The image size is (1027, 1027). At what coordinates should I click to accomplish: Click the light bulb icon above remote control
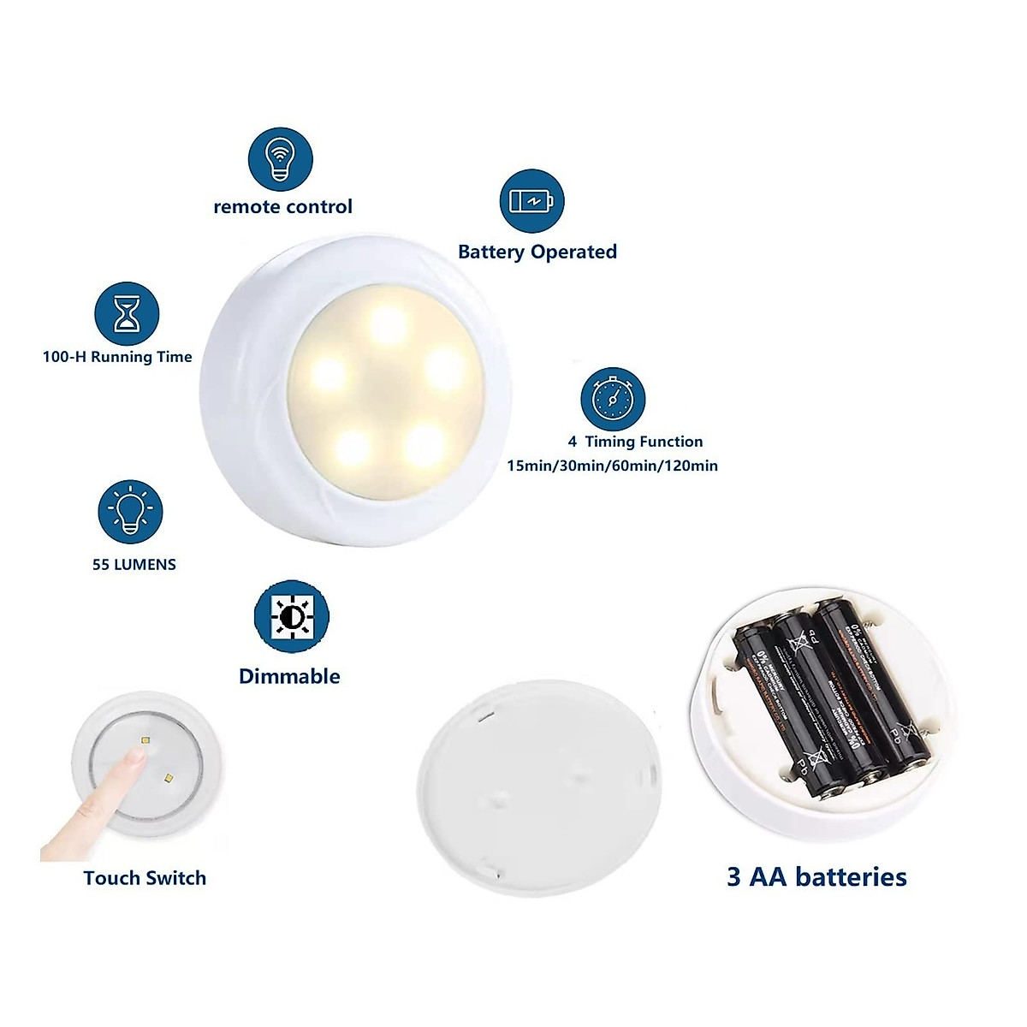pyautogui.click(x=280, y=160)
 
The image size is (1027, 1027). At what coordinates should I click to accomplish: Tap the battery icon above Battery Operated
pyautogui.click(x=531, y=201)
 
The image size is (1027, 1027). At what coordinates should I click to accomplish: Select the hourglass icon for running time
pyautogui.click(x=127, y=314)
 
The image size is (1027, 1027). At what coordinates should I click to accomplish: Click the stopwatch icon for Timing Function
pyautogui.click(x=612, y=399)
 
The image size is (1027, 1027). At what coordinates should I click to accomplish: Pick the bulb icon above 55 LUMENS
pyautogui.click(x=130, y=512)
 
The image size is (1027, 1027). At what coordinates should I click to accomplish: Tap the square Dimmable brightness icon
pyautogui.click(x=291, y=616)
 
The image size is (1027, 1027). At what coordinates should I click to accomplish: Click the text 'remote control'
pyautogui.click(x=282, y=206)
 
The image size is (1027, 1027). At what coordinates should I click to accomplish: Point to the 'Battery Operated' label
pyautogui.click(x=537, y=252)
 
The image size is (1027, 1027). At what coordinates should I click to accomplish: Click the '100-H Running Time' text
pyautogui.click(x=117, y=357)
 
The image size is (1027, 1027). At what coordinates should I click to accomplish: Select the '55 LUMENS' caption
pyautogui.click(x=134, y=565)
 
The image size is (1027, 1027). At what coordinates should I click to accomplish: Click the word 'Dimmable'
pyautogui.click(x=289, y=676)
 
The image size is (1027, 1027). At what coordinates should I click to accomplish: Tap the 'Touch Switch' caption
pyautogui.click(x=145, y=878)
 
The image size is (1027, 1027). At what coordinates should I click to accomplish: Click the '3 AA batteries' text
pyautogui.click(x=816, y=876)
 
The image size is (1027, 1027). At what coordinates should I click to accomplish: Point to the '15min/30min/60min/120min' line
pyautogui.click(x=612, y=466)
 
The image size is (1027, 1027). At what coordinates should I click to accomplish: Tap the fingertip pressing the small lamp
pyautogui.click(x=133, y=758)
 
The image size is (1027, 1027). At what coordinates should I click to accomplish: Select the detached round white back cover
pyautogui.click(x=539, y=787)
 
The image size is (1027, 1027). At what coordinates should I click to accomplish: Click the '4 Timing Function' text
pyautogui.click(x=635, y=442)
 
